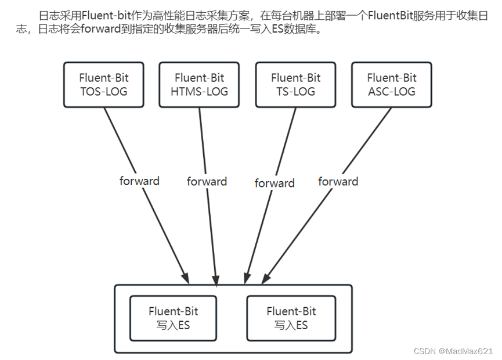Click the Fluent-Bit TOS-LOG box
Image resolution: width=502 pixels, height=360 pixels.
[103, 85]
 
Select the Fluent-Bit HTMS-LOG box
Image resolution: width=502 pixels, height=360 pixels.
[199, 85]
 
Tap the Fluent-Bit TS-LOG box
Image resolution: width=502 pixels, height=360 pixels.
[295, 85]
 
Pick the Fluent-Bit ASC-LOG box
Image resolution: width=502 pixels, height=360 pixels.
[392, 85]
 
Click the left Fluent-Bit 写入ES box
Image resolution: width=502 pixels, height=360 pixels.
[173, 318]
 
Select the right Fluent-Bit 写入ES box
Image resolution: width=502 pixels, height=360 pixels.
[291, 318]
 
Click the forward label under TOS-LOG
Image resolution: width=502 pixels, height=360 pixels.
[139, 181]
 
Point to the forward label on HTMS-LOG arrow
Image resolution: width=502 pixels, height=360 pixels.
[207, 182]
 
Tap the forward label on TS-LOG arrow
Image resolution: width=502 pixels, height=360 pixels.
[275, 183]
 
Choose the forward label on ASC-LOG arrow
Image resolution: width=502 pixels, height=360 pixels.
[338, 182]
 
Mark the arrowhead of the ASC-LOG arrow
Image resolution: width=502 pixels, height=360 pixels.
[268, 275]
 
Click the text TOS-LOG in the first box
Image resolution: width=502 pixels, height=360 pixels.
[103, 92]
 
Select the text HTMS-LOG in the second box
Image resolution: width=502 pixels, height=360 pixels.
[199, 92]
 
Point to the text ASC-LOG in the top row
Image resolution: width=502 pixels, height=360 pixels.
[392, 92]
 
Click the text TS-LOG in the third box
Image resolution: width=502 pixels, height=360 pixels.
[295, 92]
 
